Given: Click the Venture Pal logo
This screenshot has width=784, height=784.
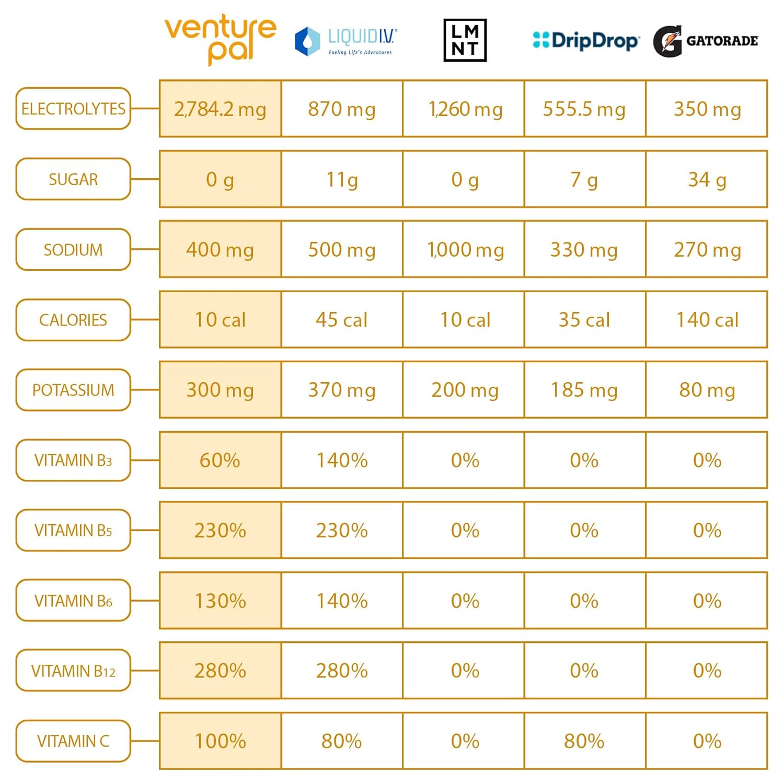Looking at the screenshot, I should point(220,39).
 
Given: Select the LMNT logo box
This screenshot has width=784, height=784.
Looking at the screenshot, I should point(465,40).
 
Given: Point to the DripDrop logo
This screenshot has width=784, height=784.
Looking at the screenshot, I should point(585,40).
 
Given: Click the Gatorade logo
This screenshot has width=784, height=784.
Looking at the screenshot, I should point(706,41).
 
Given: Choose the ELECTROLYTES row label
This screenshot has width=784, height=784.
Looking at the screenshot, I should point(73,109).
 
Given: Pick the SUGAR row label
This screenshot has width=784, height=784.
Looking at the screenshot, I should point(73,179).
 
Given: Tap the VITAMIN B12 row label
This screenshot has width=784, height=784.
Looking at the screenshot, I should point(73,671).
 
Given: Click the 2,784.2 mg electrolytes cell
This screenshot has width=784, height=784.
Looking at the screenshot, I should point(220,109).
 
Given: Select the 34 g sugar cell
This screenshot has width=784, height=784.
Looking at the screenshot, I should point(707,180).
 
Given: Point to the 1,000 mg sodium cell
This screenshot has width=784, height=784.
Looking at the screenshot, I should point(465,250).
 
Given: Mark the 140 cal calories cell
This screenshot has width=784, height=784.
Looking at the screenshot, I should point(707,320).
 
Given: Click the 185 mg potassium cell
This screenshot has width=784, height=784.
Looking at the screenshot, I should point(584,390).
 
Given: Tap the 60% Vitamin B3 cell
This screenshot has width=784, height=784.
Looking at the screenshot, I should point(220,460).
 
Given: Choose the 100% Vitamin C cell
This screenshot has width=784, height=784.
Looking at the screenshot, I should point(220,741).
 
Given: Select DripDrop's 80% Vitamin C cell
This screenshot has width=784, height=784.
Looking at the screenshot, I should point(584,741).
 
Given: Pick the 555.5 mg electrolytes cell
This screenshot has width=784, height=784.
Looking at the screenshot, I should point(584,109).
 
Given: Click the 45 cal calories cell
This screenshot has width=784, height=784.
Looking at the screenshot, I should point(342,320).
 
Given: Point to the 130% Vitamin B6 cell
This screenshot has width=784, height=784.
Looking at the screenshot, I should point(220,601).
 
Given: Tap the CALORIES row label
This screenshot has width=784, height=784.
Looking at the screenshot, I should point(73,320).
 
